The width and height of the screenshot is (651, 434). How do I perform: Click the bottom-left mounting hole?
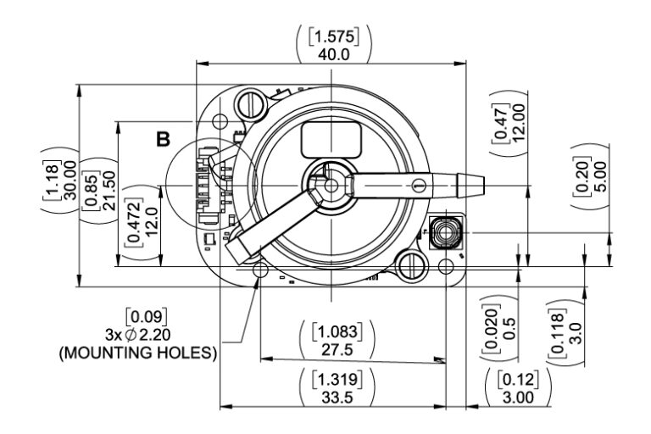point(259,269)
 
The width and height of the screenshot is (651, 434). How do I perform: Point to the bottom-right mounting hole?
point(446,268)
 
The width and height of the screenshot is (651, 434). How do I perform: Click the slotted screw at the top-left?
point(250,105)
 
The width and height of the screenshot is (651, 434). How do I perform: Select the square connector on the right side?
point(444,231)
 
